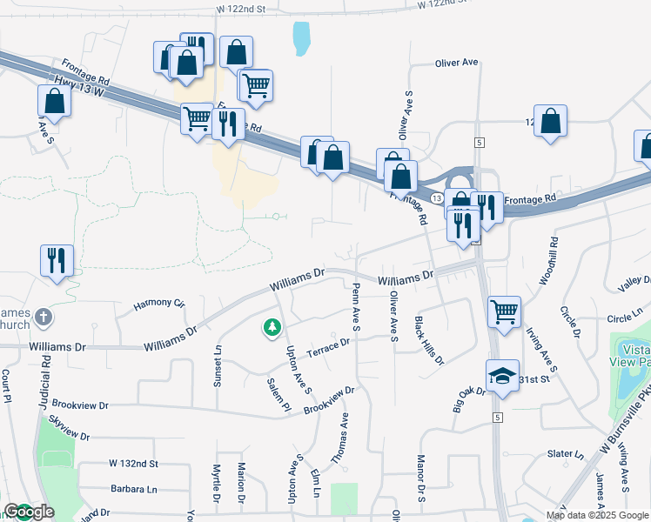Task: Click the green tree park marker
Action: tap(273, 328)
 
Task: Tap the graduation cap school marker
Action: tap(502, 376)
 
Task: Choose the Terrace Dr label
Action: tap(327, 343)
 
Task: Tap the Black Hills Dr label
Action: tap(429, 340)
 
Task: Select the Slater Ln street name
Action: tap(566, 454)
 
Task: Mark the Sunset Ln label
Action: tap(218, 365)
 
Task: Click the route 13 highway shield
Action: tap(435, 174)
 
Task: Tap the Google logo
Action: tap(29, 512)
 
